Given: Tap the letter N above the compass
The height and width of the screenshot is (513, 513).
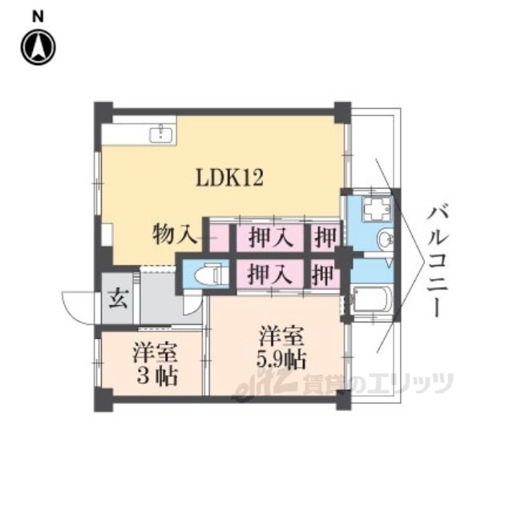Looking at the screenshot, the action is tap(38, 17).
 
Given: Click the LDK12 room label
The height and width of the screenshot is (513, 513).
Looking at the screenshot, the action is tap(229, 178).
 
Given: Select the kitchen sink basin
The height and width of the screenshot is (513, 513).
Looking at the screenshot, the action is tap(161, 135).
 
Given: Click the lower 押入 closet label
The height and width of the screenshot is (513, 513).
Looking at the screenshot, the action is tap(269, 274).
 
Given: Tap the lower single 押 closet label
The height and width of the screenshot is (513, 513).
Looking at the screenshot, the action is tap(323, 274).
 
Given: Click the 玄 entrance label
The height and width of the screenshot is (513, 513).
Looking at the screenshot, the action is tap(118, 298).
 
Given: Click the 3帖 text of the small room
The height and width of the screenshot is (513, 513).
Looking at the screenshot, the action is tap(157, 376).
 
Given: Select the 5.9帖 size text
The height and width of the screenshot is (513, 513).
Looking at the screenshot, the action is tap(281, 360).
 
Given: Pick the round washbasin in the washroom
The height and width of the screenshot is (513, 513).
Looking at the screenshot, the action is tap(385, 239).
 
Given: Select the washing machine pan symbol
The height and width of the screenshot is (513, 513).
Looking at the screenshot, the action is tap(377, 208).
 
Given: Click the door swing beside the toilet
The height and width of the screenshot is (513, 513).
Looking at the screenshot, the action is tap(192, 303).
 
